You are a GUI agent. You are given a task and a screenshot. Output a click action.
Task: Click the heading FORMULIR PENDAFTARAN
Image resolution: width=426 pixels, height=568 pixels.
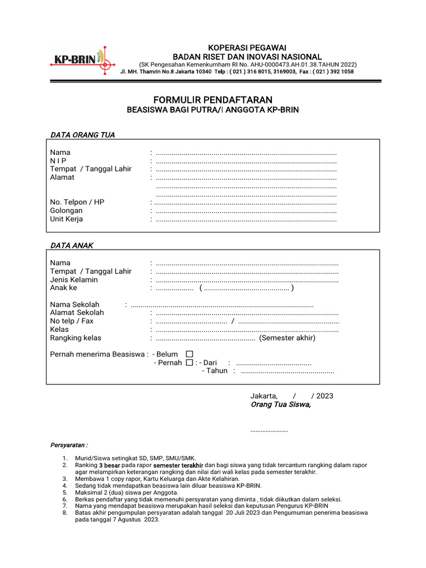tap(213, 100)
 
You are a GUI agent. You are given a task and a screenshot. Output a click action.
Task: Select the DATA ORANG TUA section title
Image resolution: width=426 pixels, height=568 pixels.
tap(83, 135)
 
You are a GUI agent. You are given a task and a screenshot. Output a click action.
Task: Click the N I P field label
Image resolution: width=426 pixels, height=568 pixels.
tap(58, 161)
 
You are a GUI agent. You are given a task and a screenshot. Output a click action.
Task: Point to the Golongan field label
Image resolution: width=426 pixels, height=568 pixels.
tap(66, 211)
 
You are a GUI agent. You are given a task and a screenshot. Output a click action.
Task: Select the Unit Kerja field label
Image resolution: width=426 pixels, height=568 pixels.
tap(67, 219)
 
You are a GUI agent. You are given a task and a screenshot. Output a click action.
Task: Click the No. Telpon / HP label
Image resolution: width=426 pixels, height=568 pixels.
tap(77, 202)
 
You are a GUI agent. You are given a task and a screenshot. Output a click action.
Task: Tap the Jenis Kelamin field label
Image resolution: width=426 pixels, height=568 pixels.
tap(74, 280)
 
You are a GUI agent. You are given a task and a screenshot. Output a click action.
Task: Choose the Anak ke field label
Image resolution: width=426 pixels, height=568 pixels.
tap(64, 288)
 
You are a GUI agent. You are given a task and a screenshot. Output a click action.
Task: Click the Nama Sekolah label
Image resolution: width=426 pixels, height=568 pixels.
tap(75, 305)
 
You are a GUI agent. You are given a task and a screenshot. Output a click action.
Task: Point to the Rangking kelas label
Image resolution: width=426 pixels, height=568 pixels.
tap(76, 338)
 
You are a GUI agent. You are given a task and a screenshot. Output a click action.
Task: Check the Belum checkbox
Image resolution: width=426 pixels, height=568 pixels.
tap(189, 354)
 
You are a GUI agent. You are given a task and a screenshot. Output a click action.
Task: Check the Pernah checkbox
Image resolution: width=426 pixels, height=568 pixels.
tap(189, 363)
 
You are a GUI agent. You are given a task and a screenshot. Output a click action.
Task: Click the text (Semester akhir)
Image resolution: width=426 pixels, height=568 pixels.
tap(287, 338)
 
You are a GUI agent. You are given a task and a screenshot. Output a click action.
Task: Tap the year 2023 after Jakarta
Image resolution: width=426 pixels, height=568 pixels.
tap(324, 396)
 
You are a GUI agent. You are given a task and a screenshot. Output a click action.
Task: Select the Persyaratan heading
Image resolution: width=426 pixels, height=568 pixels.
tap(69, 445)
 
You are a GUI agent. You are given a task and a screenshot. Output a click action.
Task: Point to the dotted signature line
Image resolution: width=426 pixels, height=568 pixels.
tap(270, 430)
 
